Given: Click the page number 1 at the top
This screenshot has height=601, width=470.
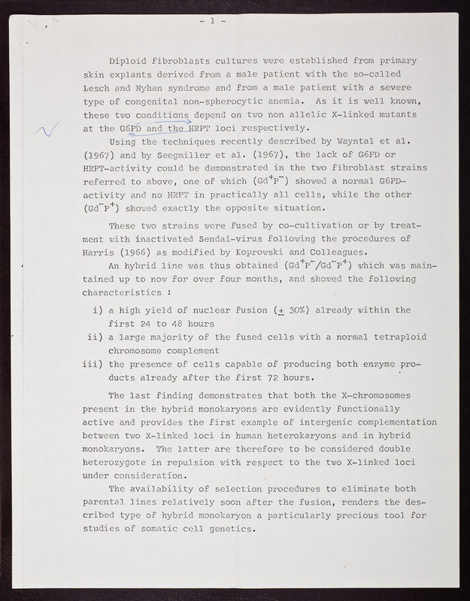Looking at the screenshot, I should click(x=213, y=21).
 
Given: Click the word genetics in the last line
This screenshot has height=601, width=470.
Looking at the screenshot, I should click(x=230, y=527).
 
